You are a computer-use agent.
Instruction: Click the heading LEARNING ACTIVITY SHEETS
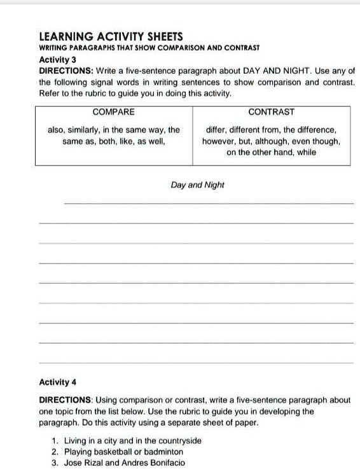pyautogui.click(x=111, y=37)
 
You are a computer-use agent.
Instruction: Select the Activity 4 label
pyautogui.click(x=58, y=382)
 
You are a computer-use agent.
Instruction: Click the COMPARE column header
pyautogui.click(x=114, y=112)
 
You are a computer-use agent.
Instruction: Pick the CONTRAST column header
pyautogui.click(x=272, y=112)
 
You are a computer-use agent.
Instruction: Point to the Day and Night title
pyautogui.click(x=197, y=185)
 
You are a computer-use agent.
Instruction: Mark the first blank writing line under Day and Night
pyautogui.click(x=209, y=204)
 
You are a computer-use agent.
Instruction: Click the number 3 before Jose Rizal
pyautogui.click(x=54, y=463)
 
